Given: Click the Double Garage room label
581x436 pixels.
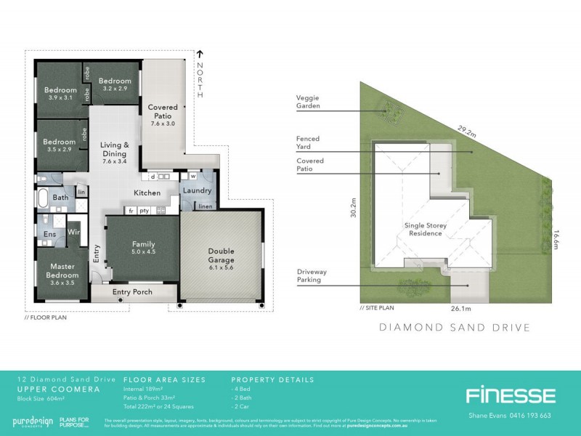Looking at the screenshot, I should pos(222,255).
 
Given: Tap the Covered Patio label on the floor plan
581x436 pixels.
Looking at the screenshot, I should pos(163,112).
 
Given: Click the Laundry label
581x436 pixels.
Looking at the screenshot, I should pos(197,191).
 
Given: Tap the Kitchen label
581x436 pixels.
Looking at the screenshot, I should pos(146,193).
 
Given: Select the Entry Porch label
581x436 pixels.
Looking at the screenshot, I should pos(131,292).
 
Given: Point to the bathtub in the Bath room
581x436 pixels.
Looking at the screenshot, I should pos(41,197).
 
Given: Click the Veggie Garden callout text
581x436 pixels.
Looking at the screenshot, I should pos(308,101).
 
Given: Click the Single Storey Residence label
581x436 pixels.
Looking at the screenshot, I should pos(426,230).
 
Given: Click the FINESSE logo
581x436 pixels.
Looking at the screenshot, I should pos(510,396).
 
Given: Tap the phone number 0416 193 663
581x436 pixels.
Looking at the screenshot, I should pos(521,416).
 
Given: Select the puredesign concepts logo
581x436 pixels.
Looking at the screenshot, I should pos(33,422).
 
